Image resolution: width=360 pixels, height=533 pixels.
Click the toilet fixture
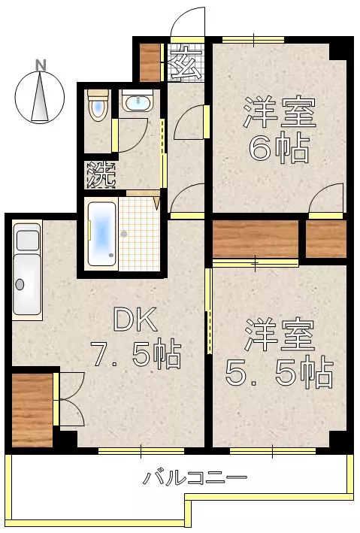click(98, 104)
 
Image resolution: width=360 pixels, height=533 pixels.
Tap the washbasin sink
click(138, 101)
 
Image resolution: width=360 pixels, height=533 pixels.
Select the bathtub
click(101, 235)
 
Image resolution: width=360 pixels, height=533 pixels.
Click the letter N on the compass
click(41, 65)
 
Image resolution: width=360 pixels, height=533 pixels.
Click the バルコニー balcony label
click(195, 477)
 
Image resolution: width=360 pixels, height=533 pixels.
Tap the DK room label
click(135, 319)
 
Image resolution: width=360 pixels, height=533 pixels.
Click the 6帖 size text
click(279, 149)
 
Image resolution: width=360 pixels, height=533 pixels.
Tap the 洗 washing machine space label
click(101, 174)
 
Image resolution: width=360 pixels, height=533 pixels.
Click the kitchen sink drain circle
click(20, 284)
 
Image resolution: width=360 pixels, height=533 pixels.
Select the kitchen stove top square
click(28, 241)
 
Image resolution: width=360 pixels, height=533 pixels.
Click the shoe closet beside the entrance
click(150, 62)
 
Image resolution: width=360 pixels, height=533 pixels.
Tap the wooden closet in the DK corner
click(32, 410)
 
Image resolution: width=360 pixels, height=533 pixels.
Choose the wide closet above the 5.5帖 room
click(256, 239)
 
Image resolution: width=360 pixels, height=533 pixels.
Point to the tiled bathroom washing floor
click(139, 235)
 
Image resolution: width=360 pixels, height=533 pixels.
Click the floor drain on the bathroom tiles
click(124, 234)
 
